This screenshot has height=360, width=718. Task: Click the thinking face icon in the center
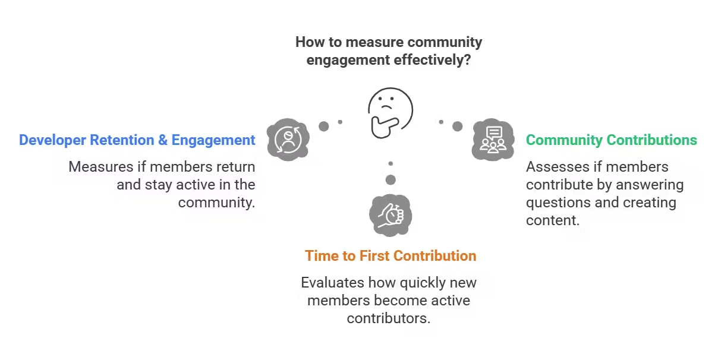pos(389,112)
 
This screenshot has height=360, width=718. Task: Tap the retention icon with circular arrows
pos(288,140)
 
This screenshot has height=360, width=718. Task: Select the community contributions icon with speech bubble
pos(493,140)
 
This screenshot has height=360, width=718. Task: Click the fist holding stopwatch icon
pos(391,214)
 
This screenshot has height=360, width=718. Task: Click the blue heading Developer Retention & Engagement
pos(137,140)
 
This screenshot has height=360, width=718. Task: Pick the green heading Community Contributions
pos(611,140)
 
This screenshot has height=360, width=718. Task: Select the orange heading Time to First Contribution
pos(391,256)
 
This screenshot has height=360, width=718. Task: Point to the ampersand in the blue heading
pos(162,140)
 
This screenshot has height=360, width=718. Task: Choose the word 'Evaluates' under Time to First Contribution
pos(332,282)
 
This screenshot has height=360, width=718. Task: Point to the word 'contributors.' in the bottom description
pos(388,318)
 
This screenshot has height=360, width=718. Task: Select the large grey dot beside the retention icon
pos(324,126)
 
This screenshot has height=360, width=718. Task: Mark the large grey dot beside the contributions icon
pos(458,126)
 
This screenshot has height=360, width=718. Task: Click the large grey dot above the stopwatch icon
pos(391,180)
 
